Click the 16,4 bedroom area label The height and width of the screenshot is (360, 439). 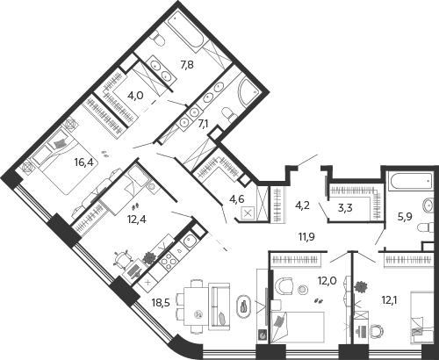[x=84, y=162]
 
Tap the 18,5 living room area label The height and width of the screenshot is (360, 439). [x=162, y=303]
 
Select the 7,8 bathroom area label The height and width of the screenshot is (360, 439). [x=187, y=64]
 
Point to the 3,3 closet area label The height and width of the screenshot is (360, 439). [x=345, y=208]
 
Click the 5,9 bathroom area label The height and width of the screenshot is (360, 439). [x=405, y=217]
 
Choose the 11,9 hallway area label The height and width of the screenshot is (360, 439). [x=306, y=236]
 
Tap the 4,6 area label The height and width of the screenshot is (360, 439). [x=237, y=199]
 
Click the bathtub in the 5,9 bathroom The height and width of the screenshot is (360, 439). [x=410, y=183]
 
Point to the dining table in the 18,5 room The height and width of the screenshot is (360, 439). [x=196, y=306]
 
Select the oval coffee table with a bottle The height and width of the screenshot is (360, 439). [x=243, y=306]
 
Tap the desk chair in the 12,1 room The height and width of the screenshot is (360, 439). [x=378, y=332]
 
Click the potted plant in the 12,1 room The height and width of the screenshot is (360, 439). [x=361, y=286]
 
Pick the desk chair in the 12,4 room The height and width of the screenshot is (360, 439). [x=122, y=259]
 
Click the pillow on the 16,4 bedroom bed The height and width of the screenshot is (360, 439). [x=60, y=143]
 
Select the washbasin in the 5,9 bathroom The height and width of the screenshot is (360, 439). [x=428, y=205]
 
